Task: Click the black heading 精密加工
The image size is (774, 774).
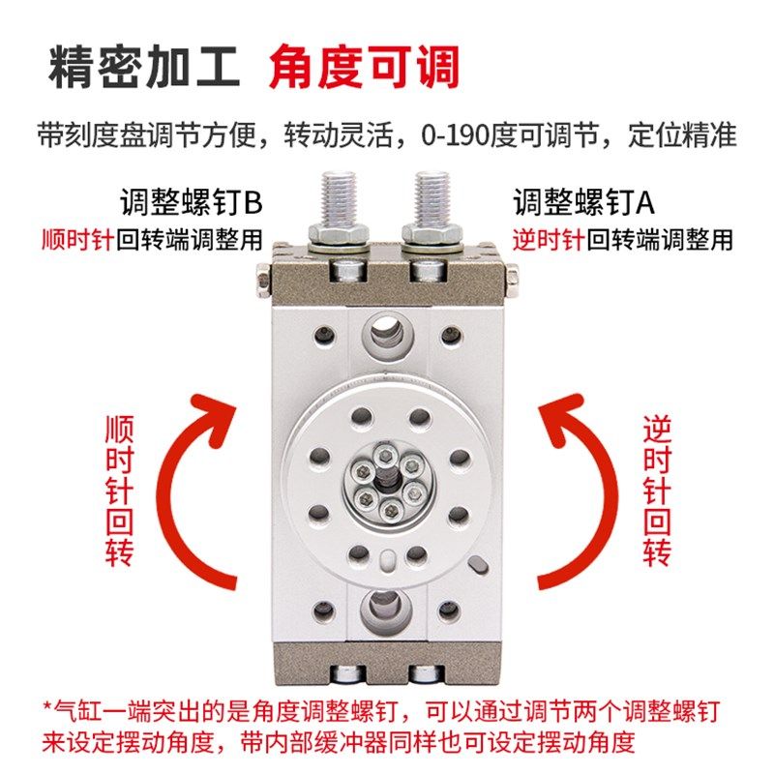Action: [x=145, y=70]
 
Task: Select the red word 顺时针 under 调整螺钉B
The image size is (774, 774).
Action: [x=77, y=239]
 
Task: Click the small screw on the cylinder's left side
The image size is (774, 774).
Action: [x=262, y=282]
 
